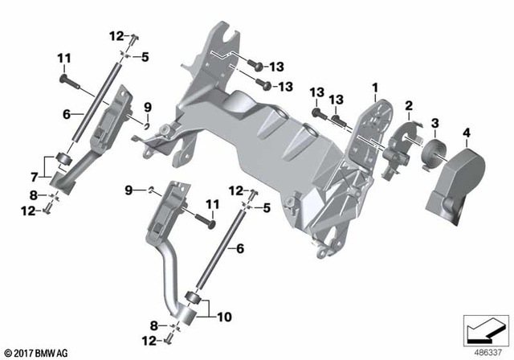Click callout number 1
pos(373,87)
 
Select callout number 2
pos(409,106)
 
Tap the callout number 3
pos(434,123)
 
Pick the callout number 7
pos(34,176)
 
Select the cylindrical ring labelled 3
pos(434,152)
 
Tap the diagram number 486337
pos(485,351)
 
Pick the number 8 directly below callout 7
pos(34,194)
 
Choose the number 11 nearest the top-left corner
pos(64,57)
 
